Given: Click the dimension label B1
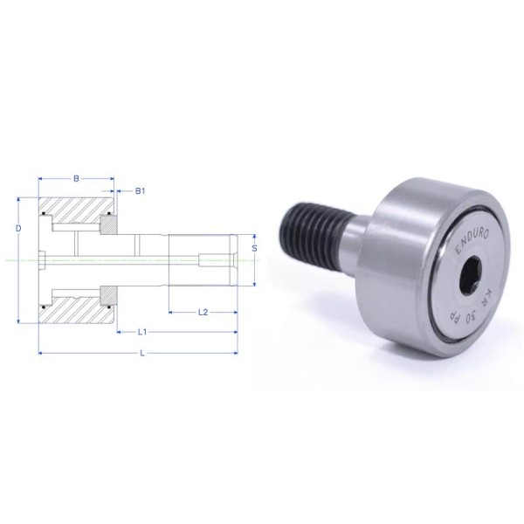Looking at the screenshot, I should coord(140,190).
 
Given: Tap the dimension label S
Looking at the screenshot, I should coord(253,247).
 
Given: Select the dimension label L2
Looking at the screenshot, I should coord(203,311).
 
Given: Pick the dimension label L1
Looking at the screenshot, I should coord(143,332).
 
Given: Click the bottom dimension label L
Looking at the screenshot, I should coord(143,353).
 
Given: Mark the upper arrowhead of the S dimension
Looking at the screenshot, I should coord(253,235).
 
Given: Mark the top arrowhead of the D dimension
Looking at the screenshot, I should coord(17,200).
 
